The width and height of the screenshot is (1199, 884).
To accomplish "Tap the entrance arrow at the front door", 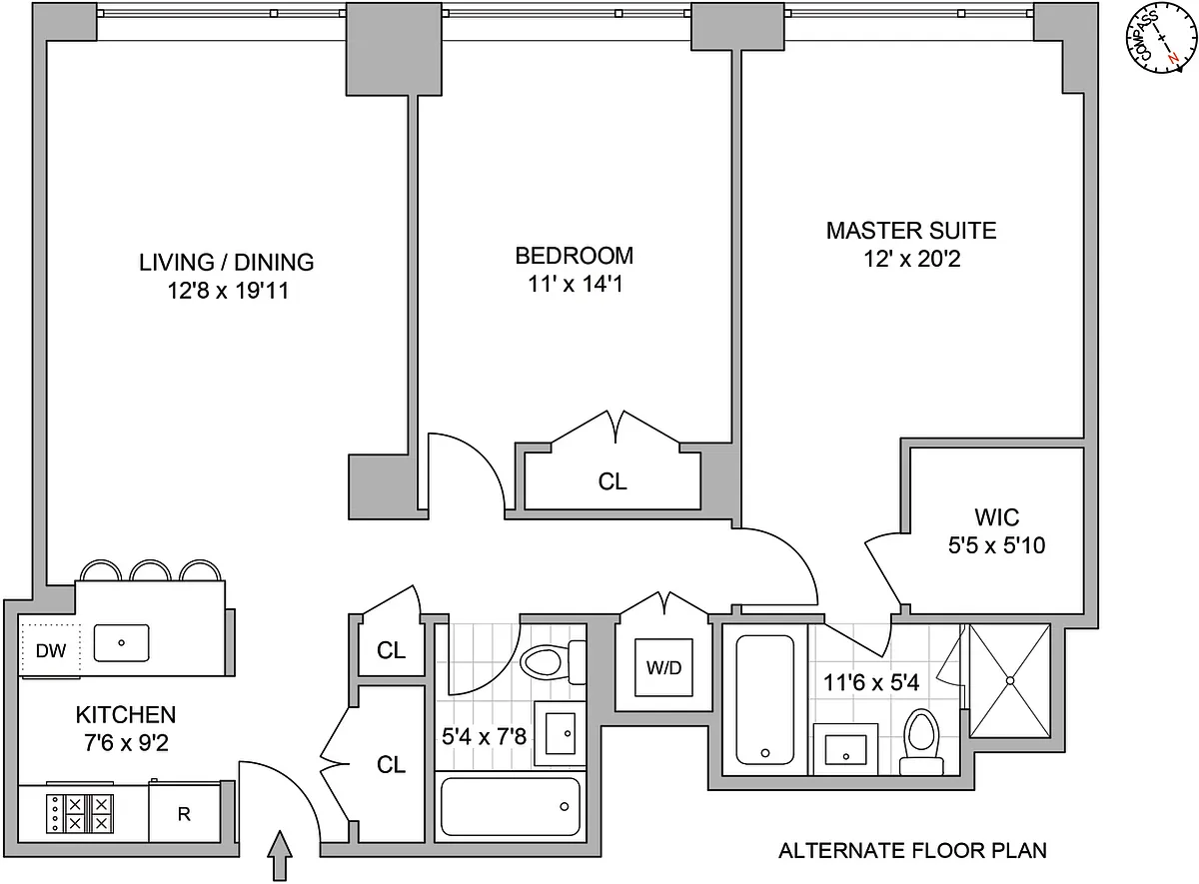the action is pos(280,855).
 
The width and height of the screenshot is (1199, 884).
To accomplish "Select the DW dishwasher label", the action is pos(51,650).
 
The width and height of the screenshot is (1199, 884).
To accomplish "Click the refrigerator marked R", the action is pos(184,814).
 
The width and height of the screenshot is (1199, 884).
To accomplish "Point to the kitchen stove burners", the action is pos(80,813).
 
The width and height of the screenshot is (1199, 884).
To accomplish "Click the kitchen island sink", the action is pos(122,642).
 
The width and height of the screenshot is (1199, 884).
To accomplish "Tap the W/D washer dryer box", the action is pos(663,667).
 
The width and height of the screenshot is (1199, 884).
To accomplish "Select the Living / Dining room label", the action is pos(227,262).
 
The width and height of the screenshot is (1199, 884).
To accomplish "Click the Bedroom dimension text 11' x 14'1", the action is pos(576,284).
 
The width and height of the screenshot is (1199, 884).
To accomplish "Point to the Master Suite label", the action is pos(911,231).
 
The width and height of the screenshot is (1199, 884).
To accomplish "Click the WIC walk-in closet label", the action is pos(997,517).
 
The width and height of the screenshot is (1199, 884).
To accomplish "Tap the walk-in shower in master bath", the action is pos(1010,680).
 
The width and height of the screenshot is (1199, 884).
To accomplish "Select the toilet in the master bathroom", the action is pos(921,744).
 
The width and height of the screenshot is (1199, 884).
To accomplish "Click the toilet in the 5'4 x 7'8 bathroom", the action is pos(553,662).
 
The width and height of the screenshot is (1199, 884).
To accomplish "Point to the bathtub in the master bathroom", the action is pos(765,700).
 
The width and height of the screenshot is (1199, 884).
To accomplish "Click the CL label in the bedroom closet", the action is pos(612,481).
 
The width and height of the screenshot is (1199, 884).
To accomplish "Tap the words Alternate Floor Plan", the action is pos(912,851).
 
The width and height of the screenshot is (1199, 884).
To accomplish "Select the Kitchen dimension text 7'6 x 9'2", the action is pos(126,743).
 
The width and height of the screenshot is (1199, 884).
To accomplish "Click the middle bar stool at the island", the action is pos(151,570).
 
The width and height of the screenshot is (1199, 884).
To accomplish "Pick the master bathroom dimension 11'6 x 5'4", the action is pos(871,683).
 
